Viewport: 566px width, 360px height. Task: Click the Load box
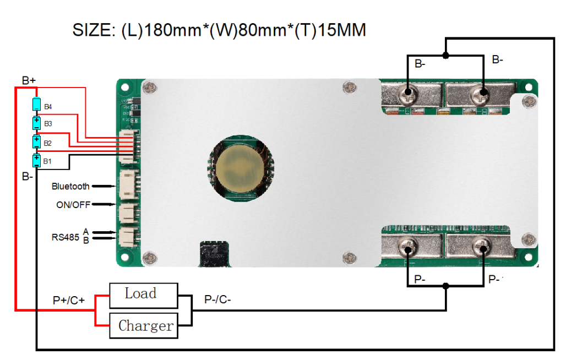click(143, 295)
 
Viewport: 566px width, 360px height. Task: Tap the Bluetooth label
click(70, 187)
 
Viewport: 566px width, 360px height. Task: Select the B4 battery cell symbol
click(36, 105)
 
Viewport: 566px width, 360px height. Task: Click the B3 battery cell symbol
click(36, 123)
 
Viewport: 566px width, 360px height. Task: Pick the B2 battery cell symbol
click(36, 142)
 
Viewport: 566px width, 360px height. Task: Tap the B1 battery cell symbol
click(36, 160)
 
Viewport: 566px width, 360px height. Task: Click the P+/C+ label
click(69, 301)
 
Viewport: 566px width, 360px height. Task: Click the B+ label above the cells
click(29, 81)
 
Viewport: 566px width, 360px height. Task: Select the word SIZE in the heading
click(93, 30)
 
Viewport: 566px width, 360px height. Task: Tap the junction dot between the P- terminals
click(445, 286)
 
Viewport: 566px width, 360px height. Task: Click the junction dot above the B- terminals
click(445, 55)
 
